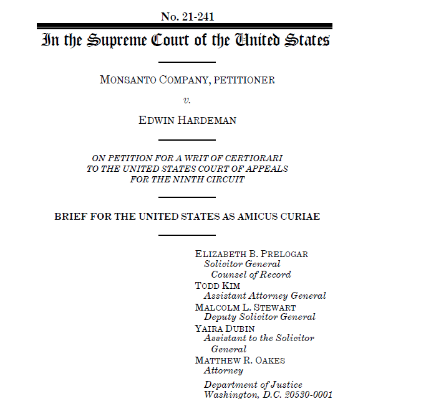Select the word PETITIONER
coord(244,80)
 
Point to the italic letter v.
coord(186,100)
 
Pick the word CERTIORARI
coord(249,158)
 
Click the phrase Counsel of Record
coord(251,275)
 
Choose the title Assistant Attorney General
coord(264,296)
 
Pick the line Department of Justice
coord(253,385)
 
